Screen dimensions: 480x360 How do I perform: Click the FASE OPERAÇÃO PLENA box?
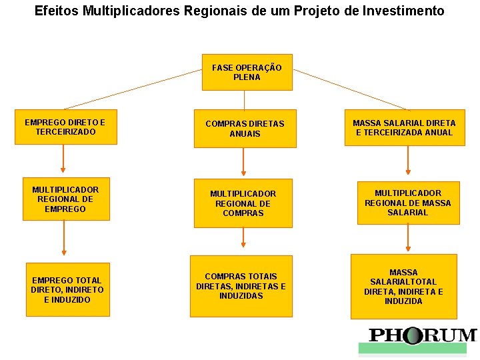pyautogui.click(x=247, y=72)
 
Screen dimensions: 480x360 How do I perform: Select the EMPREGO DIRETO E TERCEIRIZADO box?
pyautogui.click(x=65, y=127)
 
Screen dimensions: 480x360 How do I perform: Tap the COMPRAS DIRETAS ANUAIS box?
pyautogui.click(x=244, y=129)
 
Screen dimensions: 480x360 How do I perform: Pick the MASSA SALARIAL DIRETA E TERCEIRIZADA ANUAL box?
pyautogui.click(x=404, y=127)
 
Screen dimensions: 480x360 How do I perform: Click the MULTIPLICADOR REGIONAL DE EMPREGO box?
pyautogui.click(x=65, y=199)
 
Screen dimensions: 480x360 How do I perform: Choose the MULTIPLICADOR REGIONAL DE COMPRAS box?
pyautogui.click(x=243, y=203)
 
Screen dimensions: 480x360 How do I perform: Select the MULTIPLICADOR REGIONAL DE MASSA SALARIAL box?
pyautogui.click(x=407, y=203)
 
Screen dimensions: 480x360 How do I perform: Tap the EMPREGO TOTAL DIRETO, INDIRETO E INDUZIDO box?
pyautogui.click(x=67, y=289)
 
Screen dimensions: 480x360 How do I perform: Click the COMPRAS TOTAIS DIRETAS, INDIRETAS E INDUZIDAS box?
pyautogui.click(x=241, y=286)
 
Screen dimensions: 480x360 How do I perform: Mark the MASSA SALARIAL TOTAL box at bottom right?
pyautogui.click(x=403, y=287)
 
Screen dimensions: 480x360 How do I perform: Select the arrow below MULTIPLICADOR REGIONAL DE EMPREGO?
pyautogui.click(x=64, y=238)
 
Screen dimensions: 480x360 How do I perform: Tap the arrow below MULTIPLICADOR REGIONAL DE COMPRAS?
pyautogui.click(x=243, y=237)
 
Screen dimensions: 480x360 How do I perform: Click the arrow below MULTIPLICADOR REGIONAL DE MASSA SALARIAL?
pyautogui.click(x=407, y=236)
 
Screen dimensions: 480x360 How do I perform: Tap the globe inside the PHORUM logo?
pyautogui.click(x=413, y=335)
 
